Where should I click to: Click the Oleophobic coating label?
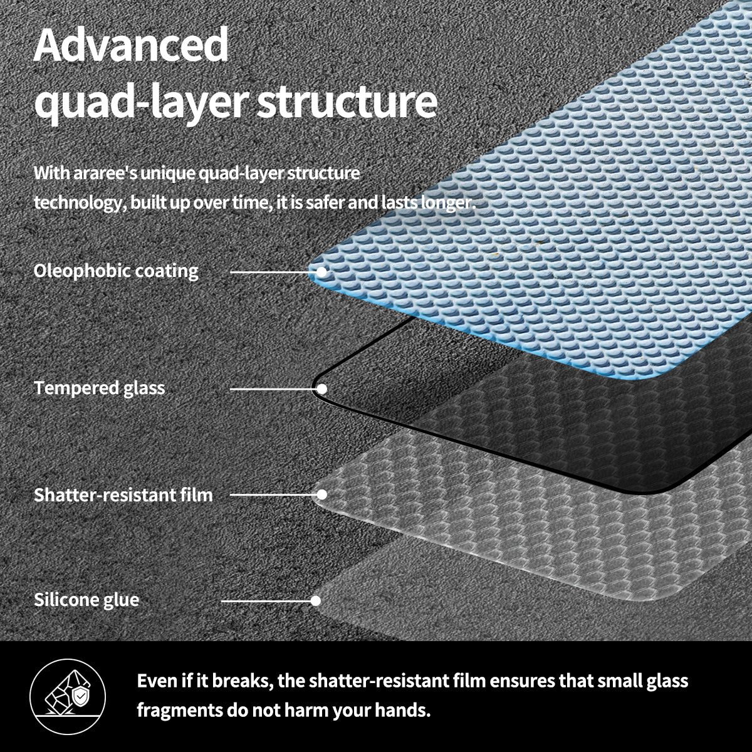click(x=116, y=271)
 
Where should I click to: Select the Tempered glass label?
click(x=100, y=389)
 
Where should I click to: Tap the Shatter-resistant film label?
click(x=123, y=495)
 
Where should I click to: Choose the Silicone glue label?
click(x=86, y=600)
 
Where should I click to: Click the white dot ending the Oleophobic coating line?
click(x=321, y=272)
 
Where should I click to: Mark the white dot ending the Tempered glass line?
click(x=321, y=389)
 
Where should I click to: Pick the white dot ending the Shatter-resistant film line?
click(x=321, y=494)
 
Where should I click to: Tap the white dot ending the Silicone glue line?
click(x=316, y=601)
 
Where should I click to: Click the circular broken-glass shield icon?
click(x=68, y=696)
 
